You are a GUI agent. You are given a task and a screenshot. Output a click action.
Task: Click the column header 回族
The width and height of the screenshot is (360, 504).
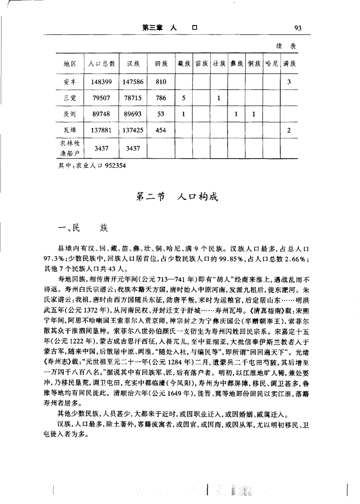161,64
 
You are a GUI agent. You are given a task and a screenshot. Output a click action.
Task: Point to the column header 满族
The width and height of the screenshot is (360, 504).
289,64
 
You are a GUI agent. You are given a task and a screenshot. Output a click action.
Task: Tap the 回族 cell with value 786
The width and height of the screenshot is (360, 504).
161,98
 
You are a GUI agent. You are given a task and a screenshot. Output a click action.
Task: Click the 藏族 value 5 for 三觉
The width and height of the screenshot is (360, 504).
184,98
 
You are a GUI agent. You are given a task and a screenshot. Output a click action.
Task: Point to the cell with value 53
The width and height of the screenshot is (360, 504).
161,115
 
